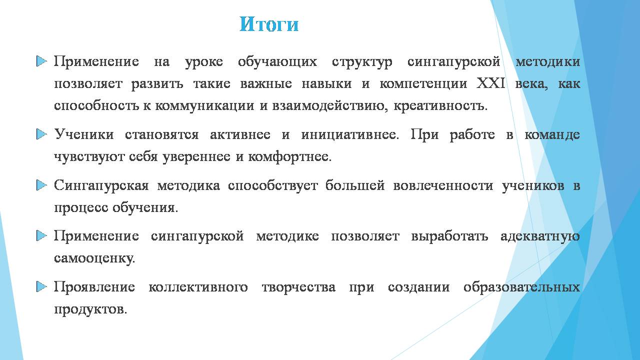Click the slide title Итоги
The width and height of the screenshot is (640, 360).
click(x=269, y=24)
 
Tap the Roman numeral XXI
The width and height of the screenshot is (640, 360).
click(x=491, y=83)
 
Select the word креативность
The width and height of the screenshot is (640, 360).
click(x=440, y=106)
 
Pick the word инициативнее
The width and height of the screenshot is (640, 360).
click(x=349, y=135)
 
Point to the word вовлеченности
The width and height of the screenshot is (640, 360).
click(x=443, y=185)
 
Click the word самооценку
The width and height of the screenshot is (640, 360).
click(x=94, y=259)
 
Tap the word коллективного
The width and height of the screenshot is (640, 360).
click(x=198, y=287)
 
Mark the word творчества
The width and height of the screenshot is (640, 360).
click(x=298, y=287)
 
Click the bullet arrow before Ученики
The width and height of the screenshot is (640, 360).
click(x=41, y=134)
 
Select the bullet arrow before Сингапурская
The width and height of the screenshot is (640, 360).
click(x=41, y=185)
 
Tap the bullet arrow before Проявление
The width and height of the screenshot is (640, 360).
click(x=41, y=287)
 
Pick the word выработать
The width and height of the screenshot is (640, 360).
click(x=449, y=236)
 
